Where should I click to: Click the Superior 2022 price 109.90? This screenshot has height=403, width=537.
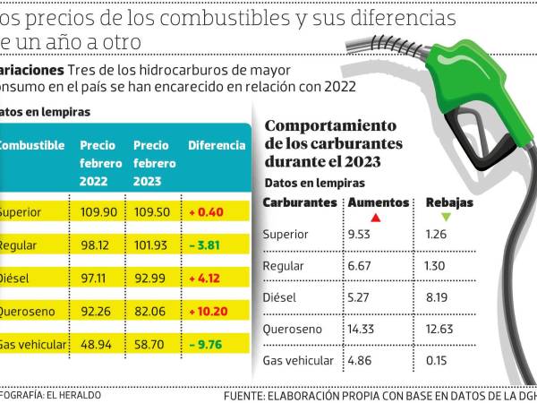[98, 212]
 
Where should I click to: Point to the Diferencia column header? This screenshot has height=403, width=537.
[216, 145]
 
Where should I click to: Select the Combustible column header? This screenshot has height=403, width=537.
[31, 145]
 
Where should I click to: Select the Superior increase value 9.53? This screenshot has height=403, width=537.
[361, 235]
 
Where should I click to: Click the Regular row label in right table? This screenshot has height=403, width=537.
[285, 267]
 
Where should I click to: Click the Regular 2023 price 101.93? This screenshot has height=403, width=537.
[151, 244]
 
